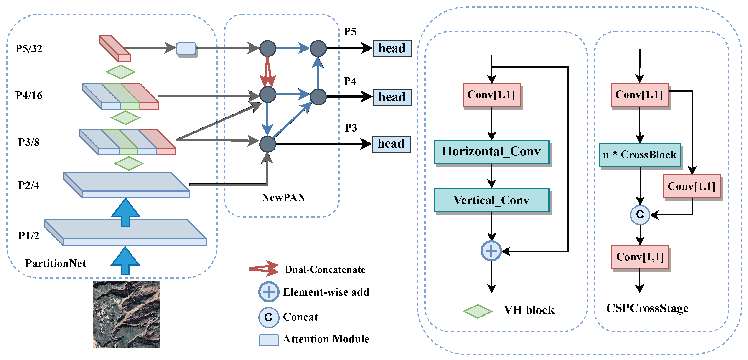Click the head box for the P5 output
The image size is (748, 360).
392,48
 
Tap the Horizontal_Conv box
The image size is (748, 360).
491,152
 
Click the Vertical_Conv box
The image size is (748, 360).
491,200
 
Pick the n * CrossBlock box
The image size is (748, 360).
640,155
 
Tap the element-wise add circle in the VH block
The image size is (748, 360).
491,251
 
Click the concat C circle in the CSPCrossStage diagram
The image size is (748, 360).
640,215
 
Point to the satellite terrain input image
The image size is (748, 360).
126,314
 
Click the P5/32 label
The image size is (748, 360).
29,49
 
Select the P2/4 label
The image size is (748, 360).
28,185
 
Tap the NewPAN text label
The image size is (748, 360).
283,198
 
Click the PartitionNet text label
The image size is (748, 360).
56,263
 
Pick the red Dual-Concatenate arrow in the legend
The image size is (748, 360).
264,269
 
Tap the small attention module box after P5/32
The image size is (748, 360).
186,48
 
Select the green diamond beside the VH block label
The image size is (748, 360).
477,311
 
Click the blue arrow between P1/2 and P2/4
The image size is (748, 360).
125,212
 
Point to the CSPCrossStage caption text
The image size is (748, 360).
647,308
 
